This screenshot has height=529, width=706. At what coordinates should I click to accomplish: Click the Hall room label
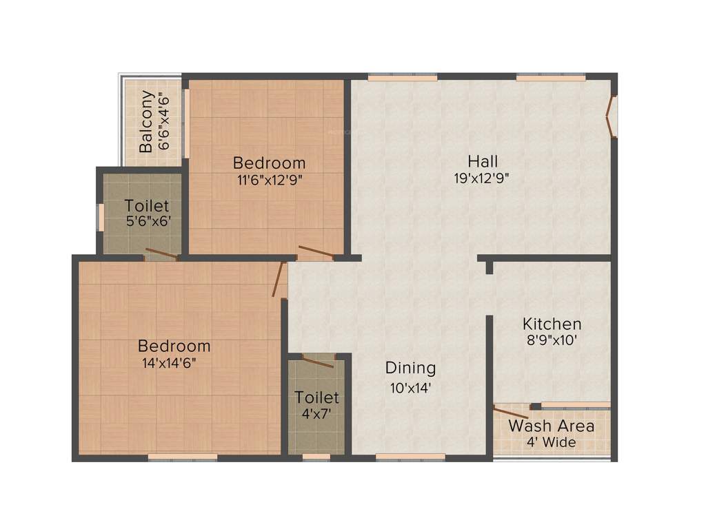(x=483, y=162)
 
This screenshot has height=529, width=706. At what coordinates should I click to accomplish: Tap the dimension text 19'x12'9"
(x=483, y=178)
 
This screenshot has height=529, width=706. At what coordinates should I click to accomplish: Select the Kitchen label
(x=552, y=324)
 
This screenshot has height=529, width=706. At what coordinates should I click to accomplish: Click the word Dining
(x=410, y=368)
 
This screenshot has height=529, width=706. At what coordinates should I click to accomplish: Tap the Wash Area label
(x=551, y=426)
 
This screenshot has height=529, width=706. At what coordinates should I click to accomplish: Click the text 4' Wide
(x=551, y=442)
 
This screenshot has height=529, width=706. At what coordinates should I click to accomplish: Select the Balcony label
(x=146, y=121)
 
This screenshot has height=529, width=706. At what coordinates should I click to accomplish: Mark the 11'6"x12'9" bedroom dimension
(x=268, y=180)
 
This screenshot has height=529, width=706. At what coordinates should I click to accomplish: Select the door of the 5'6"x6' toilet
(x=161, y=253)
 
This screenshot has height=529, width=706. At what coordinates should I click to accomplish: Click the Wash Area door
(x=511, y=413)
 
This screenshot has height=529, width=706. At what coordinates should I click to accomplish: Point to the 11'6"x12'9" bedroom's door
(x=316, y=252)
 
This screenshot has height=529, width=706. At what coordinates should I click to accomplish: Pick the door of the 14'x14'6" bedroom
(x=279, y=279)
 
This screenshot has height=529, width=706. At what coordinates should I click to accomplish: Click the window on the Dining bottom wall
(x=410, y=456)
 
